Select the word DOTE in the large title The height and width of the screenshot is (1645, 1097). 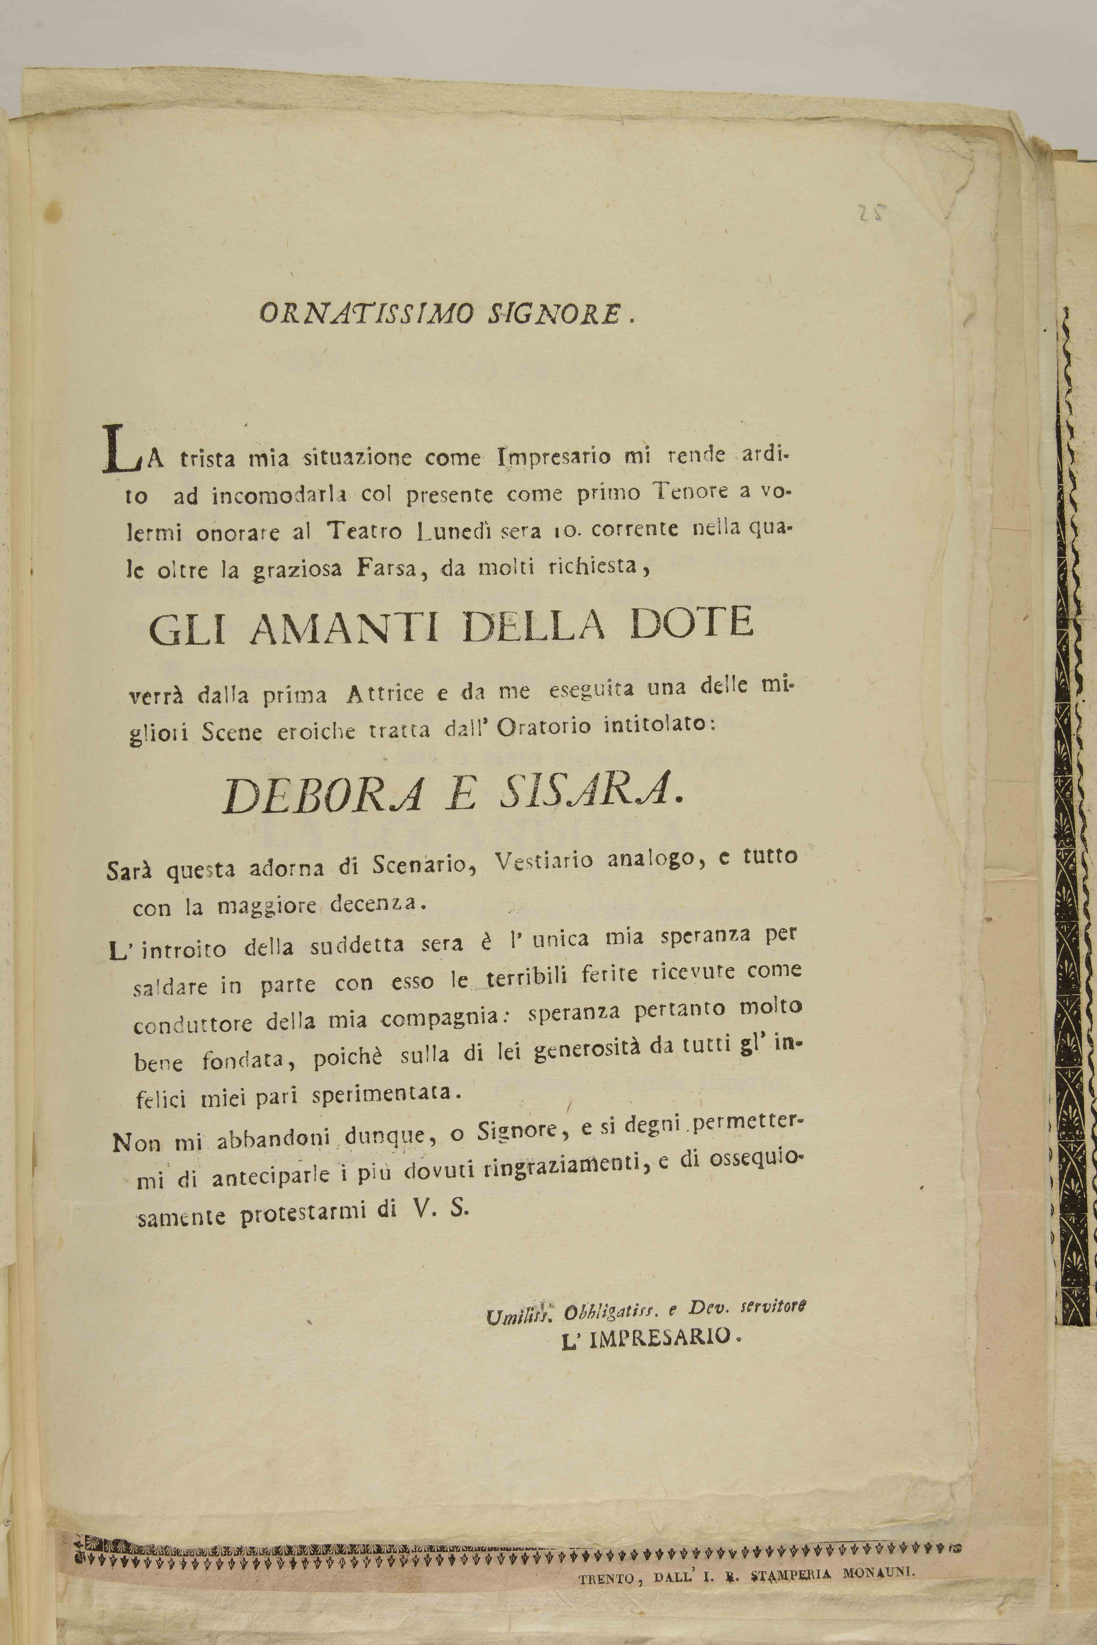[x=691, y=622]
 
